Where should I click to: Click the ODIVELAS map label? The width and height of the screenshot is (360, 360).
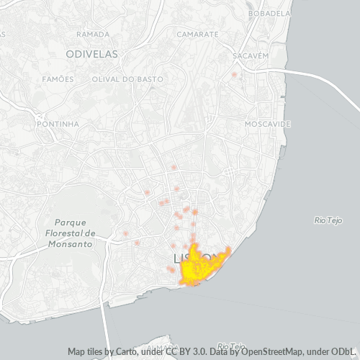(x=91, y=54)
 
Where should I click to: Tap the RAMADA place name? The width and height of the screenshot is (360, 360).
(x=93, y=34)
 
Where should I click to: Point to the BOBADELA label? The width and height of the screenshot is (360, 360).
(x=269, y=14)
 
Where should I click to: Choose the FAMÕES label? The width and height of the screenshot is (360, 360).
(x=58, y=78)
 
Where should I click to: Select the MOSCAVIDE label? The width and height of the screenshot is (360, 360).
(x=268, y=124)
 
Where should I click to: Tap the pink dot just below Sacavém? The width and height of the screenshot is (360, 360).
(x=234, y=74)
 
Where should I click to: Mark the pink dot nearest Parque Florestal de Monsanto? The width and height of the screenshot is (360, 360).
(x=126, y=234)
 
